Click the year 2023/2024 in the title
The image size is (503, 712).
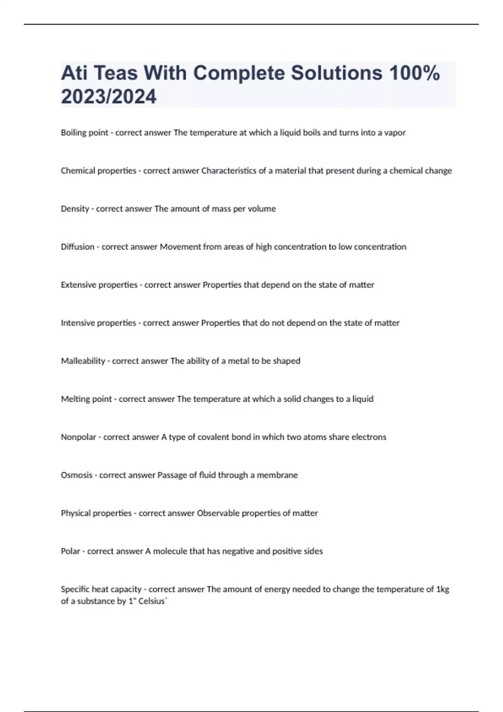point(109,97)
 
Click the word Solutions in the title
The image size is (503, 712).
point(337,73)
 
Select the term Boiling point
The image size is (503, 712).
point(85,133)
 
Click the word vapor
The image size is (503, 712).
point(395,133)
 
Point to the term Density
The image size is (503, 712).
point(75,209)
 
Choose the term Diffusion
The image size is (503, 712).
point(78,247)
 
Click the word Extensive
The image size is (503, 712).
point(78,285)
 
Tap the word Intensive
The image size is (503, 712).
point(78,323)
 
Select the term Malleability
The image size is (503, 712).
point(83,361)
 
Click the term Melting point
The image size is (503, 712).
point(86,399)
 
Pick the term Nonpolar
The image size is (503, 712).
point(78,437)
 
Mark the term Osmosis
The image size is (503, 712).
point(77,475)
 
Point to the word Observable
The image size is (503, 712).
point(218,513)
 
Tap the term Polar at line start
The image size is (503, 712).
point(70,551)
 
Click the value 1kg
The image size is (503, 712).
point(443,589)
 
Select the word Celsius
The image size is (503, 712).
point(152,601)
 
